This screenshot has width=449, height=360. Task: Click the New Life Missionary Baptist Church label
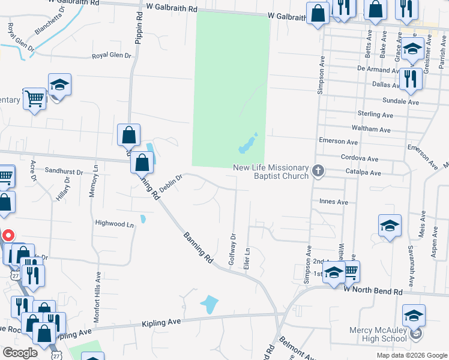pos(271,172)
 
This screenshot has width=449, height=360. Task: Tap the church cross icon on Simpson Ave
pos(318,172)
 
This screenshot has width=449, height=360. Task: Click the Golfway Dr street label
pos(232,251)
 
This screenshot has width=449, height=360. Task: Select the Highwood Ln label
pos(114,224)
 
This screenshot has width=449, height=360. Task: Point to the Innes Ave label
pos(334,202)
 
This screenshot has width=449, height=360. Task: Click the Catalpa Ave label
pos(363,173)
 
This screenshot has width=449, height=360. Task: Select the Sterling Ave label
pos(375,114)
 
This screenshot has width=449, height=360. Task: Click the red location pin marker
pos(8,236)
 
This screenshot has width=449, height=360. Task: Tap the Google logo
pos(20,353)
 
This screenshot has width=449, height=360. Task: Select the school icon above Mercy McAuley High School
pos(414,314)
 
